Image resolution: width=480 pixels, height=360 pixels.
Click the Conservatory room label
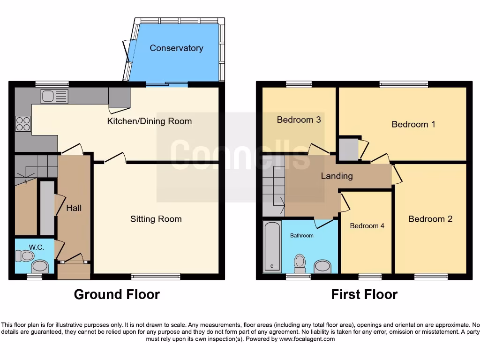[176, 48]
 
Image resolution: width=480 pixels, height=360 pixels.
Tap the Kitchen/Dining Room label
[150, 121]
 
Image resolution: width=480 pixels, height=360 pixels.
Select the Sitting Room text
[156, 219]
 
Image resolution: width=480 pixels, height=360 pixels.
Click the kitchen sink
[54, 97]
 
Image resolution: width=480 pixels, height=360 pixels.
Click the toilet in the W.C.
[25, 255]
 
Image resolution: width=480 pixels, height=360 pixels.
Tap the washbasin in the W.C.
[41, 267]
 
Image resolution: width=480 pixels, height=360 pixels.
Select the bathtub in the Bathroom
[272, 247]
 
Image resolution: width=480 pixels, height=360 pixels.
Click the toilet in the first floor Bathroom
[300, 263]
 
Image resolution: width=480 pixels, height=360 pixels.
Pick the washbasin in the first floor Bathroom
[323, 266]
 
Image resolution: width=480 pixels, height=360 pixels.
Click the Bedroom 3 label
[299, 120]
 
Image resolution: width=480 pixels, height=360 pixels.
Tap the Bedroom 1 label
[413, 124]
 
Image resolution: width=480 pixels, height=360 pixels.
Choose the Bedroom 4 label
[367, 225]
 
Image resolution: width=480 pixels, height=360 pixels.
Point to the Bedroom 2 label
[430, 219]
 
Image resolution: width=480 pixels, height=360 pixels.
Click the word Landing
[337, 176]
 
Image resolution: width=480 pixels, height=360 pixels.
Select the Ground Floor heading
[117, 294]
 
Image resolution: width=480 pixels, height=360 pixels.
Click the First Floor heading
[364, 294]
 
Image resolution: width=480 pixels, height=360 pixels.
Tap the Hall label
[74, 208]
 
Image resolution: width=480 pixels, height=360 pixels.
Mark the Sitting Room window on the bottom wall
[156, 277]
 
